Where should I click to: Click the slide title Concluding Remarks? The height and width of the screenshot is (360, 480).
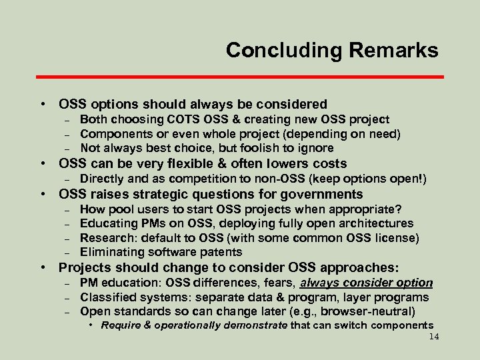point(332,51)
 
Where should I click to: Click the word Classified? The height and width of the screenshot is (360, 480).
point(107,297)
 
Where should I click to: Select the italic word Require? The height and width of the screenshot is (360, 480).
point(121,325)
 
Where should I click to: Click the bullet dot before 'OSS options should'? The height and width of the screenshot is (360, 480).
point(43,105)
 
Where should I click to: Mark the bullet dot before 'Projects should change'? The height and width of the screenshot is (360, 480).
point(43,268)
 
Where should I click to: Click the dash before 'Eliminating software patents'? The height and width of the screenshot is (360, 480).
point(67,253)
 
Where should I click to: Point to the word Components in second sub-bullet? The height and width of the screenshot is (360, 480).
point(112,134)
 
